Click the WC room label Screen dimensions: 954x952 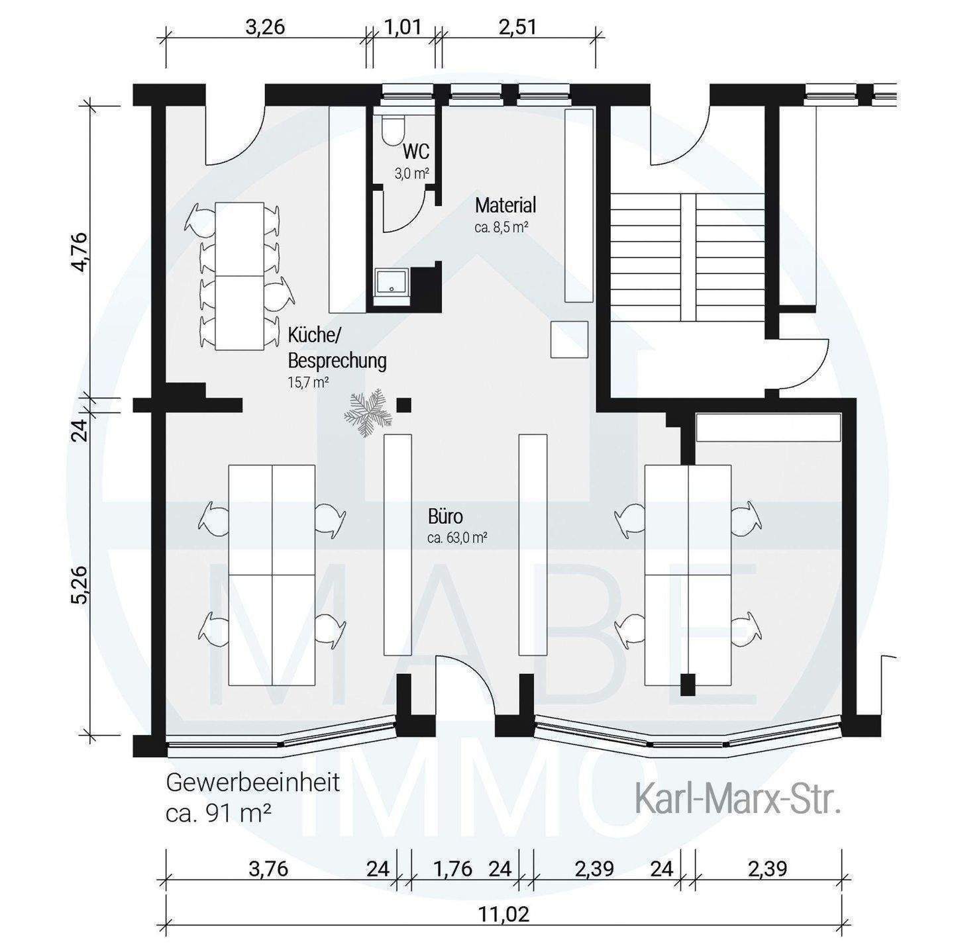[x=416, y=151]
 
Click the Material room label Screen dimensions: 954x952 [x=505, y=205]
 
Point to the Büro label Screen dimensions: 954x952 [x=445, y=516]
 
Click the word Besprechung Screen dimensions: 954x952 [x=337, y=361]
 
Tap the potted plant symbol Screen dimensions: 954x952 [x=369, y=412]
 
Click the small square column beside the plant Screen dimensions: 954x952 [x=405, y=405]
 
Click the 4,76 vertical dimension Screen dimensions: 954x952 [x=79, y=252]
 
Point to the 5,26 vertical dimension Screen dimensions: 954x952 [x=79, y=585]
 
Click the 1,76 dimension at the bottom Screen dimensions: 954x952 [x=452, y=869]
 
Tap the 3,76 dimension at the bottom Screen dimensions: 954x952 [x=268, y=869]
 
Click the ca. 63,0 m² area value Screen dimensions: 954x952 [x=457, y=538]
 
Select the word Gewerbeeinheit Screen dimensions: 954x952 [x=253, y=784]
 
